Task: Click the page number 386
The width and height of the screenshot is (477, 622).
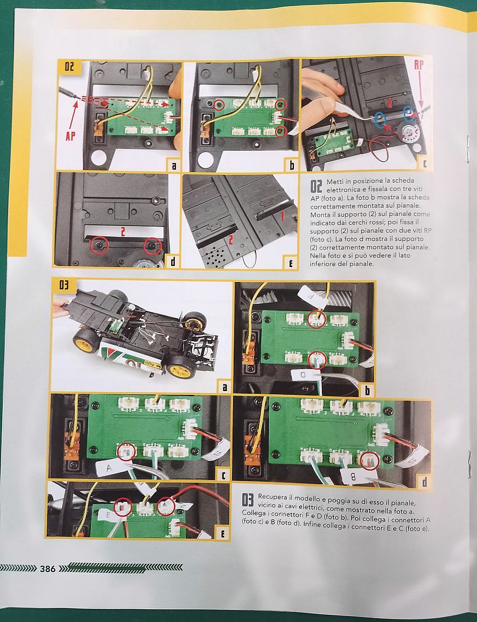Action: [48, 569]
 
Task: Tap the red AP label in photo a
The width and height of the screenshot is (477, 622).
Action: [70, 136]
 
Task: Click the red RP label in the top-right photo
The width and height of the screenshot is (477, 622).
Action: [419, 65]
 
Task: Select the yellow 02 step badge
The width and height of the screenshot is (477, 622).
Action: [69, 67]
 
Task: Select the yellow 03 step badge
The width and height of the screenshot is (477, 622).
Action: [64, 285]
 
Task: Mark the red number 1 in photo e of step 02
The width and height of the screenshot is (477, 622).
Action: [282, 216]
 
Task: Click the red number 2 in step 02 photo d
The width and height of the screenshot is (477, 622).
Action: [123, 231]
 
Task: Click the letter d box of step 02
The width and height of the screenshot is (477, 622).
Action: [173, 262]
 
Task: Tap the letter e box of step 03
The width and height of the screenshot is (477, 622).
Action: [223, 534]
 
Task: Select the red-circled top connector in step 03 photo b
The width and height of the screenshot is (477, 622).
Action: [316, 319]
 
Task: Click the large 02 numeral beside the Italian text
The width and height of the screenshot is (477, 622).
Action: [316, 186]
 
